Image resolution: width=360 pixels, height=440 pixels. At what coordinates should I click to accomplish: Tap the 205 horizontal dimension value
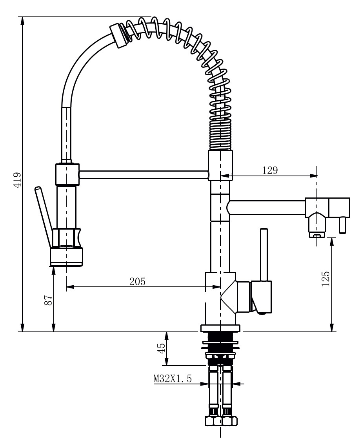point(137,281)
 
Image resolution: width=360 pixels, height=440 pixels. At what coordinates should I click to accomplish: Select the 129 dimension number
point(269,170)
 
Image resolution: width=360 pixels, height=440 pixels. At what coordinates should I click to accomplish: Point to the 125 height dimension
point(325,279)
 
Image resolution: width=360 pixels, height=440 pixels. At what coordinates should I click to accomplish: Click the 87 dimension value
point(48,301)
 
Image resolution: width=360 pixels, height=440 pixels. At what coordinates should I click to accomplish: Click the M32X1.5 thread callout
point(173,379)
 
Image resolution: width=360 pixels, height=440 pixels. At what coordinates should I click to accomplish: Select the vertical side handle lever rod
point(264,255)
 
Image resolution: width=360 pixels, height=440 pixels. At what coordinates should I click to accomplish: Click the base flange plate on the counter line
point(220,328)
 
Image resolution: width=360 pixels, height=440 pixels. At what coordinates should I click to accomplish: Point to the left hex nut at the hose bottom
point(213,421)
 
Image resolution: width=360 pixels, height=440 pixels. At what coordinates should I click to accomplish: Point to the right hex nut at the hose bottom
point(229,421)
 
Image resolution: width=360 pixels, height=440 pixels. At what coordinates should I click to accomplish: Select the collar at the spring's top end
point(119,36)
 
